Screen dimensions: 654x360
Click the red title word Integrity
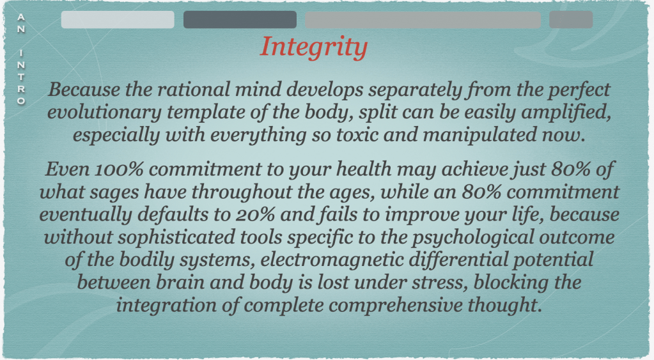pos(314,47)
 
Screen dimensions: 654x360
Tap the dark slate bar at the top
pos(240,20)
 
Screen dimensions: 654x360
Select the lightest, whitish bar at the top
pos(118,20)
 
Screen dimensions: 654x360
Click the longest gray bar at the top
pos(423,20)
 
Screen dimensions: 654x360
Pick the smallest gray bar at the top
pos(571,20)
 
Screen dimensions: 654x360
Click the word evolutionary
pos(104,113)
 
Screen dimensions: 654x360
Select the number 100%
pos(119,169)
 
